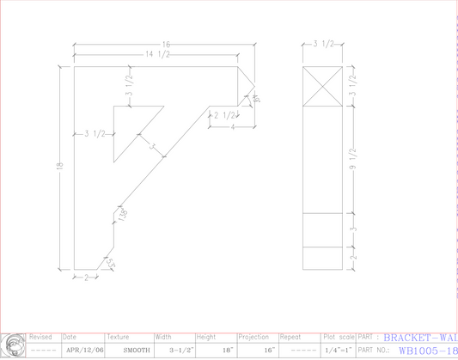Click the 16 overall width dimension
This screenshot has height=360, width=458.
pyautogui.click(x=167, y=44)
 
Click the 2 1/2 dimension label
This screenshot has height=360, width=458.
pyautogui.click(x=224, y=114)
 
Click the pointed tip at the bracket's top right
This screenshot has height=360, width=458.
pyautogui.click(x=255, y=86)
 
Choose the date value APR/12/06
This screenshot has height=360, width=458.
pyautogui.click(x=84, y=351)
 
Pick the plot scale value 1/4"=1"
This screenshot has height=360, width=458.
pyautogui.click(x=336, y=351)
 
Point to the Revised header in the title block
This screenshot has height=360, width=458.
pyautogui.click(x=40, y=338)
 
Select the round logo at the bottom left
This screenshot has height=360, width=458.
pyautogui.click(x=13, y=347)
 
